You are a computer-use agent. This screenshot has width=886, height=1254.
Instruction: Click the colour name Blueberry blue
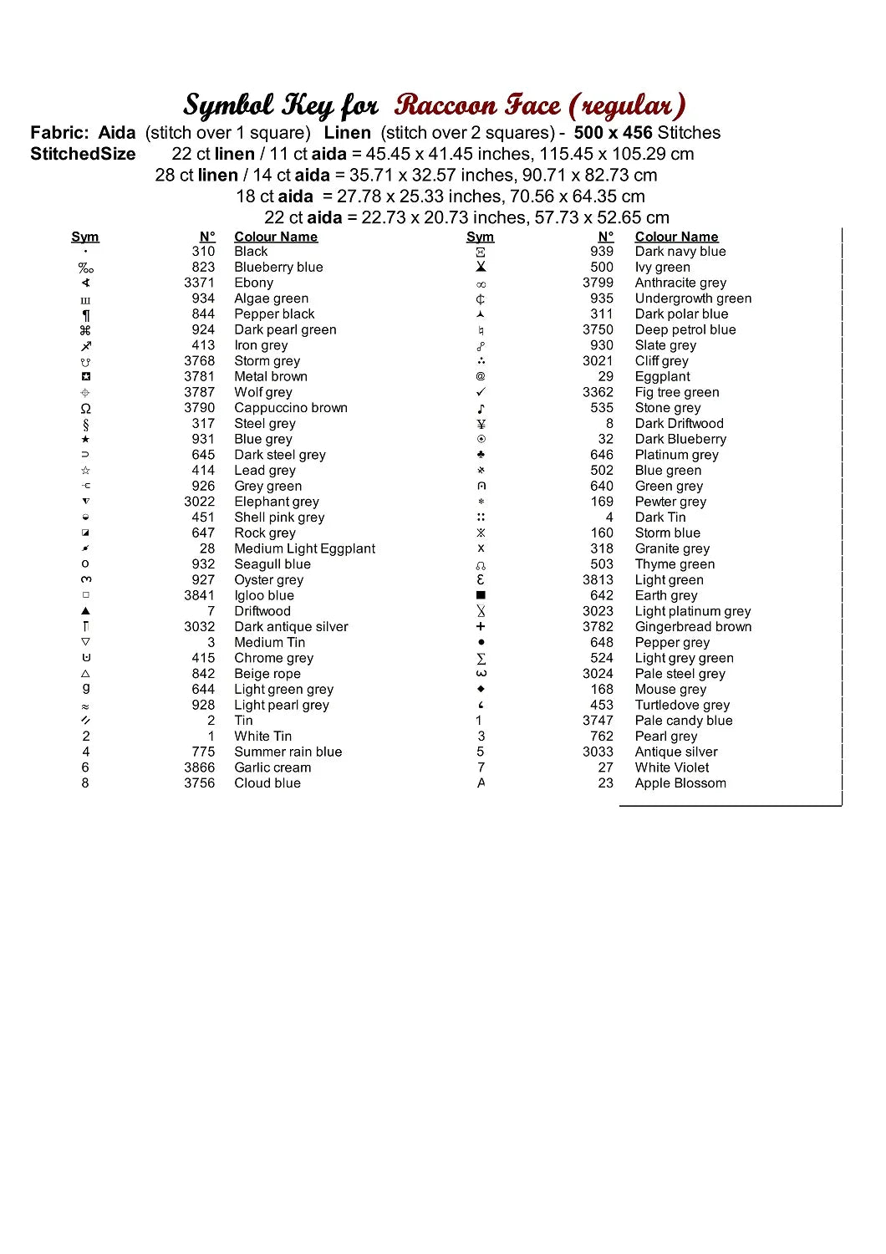click(278, 268)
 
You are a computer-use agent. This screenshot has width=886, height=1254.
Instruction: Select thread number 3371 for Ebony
click(199, 283)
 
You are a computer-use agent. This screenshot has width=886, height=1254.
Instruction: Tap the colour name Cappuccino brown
click(290, 408)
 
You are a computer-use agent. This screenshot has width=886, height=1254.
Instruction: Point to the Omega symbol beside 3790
click(85, 409)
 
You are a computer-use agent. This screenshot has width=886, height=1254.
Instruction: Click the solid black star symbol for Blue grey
click(85, 440)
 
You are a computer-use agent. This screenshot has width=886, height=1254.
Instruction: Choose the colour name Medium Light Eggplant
click(304, 548)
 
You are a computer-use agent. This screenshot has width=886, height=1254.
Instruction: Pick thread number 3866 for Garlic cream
click(199, 767)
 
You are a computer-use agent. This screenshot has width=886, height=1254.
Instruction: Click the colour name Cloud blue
click(267, 783)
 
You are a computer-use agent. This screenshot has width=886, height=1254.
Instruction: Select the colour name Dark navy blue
click(680, 252)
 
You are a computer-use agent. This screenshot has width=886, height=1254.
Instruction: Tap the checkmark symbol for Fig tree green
click(481, 392)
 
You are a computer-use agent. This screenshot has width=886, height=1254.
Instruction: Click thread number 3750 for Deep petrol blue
click(598, 329)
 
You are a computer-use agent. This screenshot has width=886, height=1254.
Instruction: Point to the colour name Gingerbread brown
click(693, 627)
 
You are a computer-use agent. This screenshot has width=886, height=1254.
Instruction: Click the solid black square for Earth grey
click(481, 595)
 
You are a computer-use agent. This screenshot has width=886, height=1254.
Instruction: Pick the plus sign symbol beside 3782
click(481, 627)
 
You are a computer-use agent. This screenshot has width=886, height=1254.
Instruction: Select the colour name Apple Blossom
click(680, 783)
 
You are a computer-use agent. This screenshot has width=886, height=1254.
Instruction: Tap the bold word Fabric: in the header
click(59, 133)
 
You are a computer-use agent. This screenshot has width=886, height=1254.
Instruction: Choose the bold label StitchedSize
click(83, 155)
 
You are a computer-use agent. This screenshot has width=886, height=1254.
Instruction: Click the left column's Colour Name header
click(276, 237)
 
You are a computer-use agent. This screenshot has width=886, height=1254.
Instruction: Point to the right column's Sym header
click(480, 237)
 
